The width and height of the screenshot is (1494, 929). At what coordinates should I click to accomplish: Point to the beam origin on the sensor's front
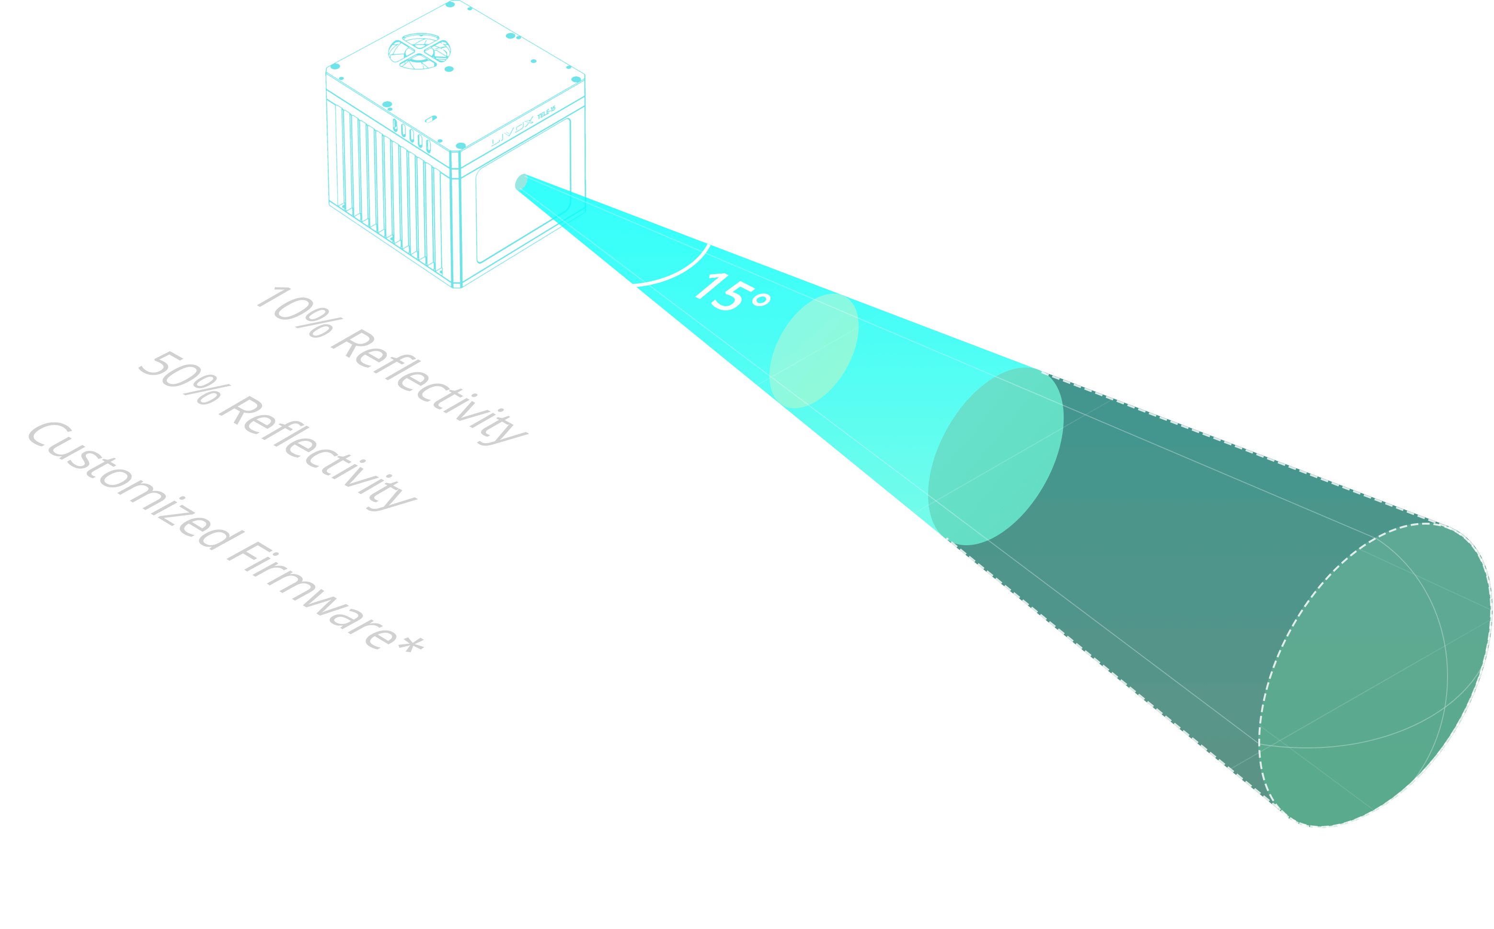pyautogui.click(x=521, y=182)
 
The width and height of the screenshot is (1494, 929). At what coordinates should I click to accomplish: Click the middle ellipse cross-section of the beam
pyautogui.click(x=995, y=456)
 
